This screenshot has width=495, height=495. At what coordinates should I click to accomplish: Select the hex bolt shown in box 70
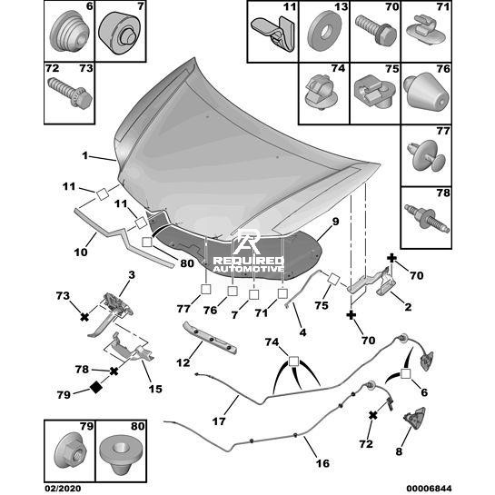[376, 30]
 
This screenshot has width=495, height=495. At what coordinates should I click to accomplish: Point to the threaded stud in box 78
[427, 218]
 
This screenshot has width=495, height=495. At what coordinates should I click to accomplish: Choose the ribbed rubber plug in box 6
[69, 31]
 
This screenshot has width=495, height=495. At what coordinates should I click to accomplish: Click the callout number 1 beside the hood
[84, 155]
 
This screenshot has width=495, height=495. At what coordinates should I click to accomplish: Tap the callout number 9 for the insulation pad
[335, 222]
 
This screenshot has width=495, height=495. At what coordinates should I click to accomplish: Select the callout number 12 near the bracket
[183, 362]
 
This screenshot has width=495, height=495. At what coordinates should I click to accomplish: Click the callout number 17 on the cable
[219, 421]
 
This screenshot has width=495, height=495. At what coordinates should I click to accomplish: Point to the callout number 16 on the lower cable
[322, 463]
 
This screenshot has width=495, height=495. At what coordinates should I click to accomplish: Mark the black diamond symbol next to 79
[95, 387]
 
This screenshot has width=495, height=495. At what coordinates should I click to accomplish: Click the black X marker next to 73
[84, 317]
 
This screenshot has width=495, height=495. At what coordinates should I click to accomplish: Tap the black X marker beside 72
[373, 415]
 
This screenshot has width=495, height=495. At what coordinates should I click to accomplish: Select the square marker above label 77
[206, 289]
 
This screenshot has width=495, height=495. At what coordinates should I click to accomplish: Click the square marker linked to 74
[293, 361]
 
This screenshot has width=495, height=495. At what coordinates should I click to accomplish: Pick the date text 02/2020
[63, 489]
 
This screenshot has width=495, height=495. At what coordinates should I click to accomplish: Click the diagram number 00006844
[429, 489]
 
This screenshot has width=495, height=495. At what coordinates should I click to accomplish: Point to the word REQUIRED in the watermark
[249, 261]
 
